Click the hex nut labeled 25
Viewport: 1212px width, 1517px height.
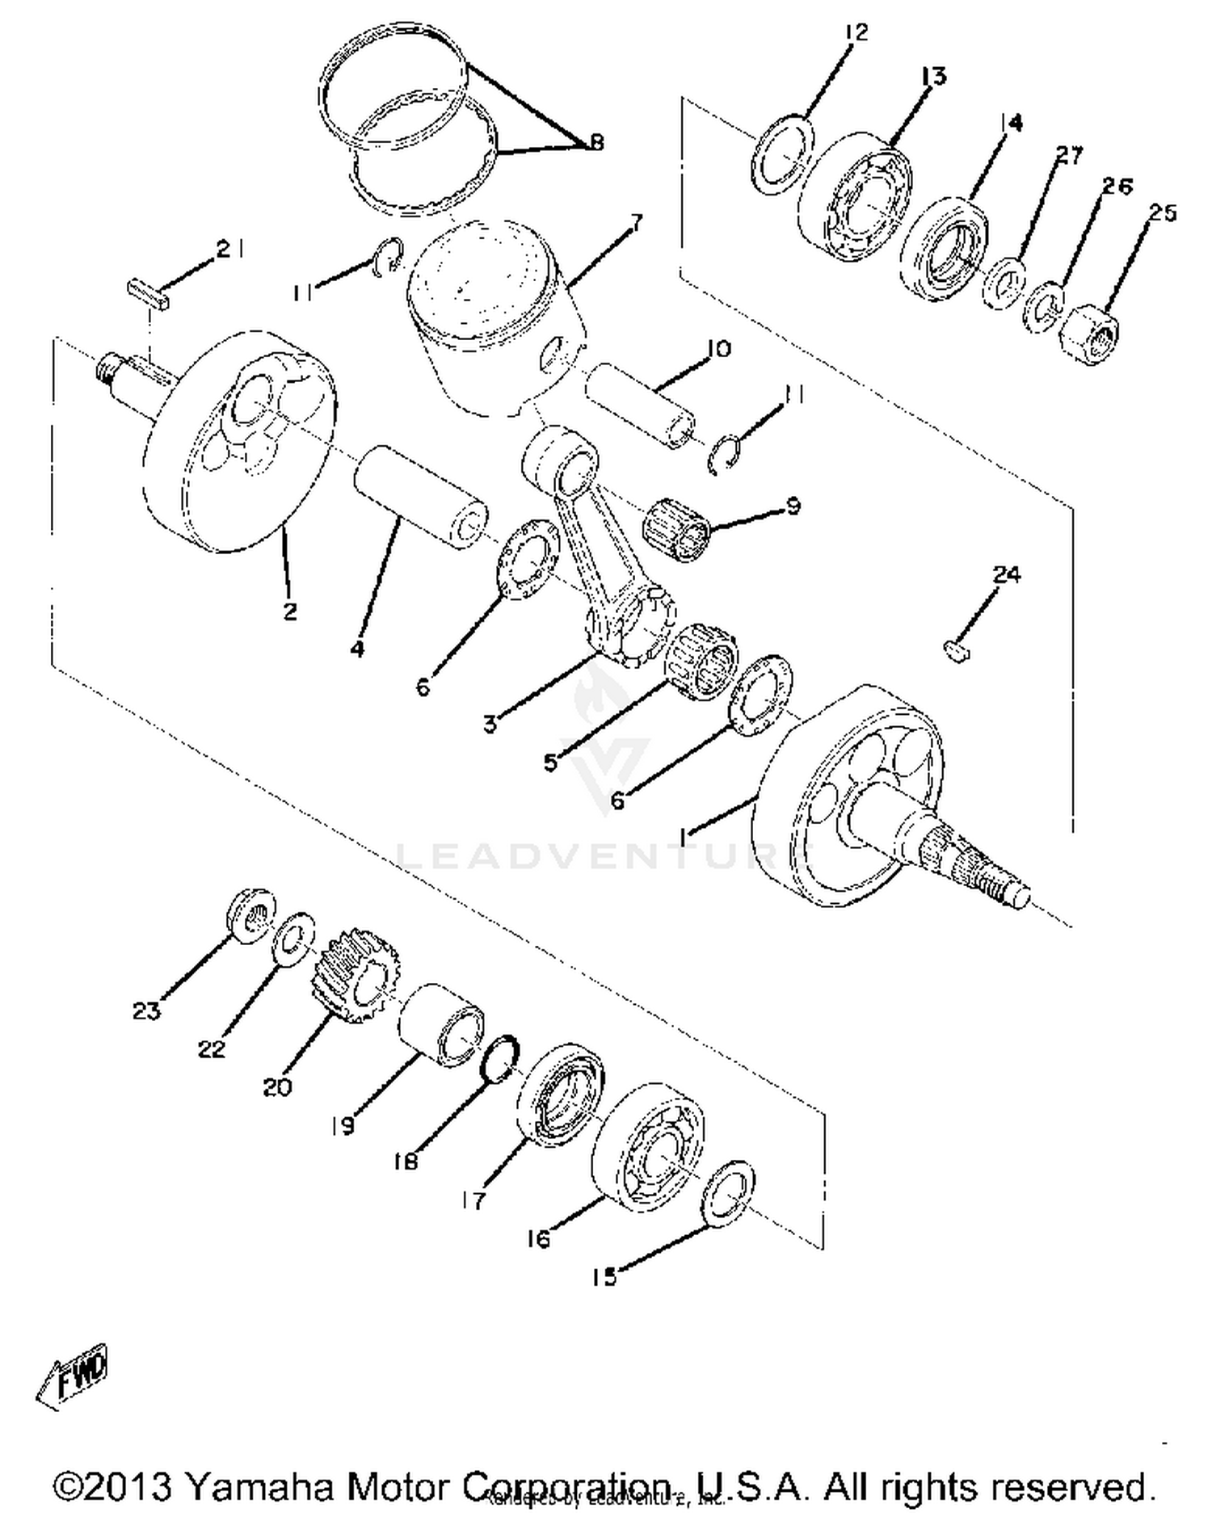pos(1088,333)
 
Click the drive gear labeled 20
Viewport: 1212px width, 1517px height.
pos(353,976)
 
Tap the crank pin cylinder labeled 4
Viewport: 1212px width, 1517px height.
pos(420,498)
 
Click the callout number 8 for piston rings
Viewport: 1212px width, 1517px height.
pos(595,143)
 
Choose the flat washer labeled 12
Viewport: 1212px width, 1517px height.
pos(781,154)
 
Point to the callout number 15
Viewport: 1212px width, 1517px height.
pos(604,1276)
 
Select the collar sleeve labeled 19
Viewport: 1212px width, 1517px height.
pos(442,1024)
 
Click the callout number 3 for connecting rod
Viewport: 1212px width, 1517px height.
pos(490,725)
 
